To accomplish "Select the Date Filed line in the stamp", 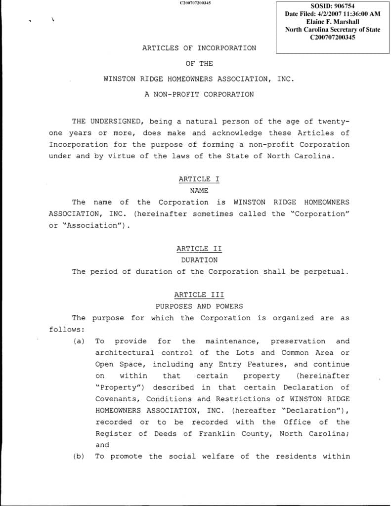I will pyautogui.click(x=332, y=14).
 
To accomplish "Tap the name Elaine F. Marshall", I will pyautogui.click(x=332, y=22).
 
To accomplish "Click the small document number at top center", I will pyautogui.click(x=195, y=3).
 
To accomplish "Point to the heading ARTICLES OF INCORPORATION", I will pyautogui.click(x=199, y=48).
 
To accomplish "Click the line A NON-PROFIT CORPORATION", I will pyautogui.click(x=199, y=94).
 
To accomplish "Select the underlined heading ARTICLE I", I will pyautogui.click(x=199, y=179).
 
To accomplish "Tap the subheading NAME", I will pyautogui.click(x=199, y=190).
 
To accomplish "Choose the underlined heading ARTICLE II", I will pyautogui.click(x=199, y=249).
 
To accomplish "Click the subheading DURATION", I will pyautogui.click(x=199, y=260).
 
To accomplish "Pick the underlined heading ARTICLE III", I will pyautogui.click(x=199, y=295).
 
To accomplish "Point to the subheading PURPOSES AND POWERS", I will pyautogui.click(x=199, y=306).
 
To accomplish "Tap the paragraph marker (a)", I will pyautogui.click(x=79, y=341).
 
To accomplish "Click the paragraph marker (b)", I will pyautogui.click(x=79, y=457).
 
